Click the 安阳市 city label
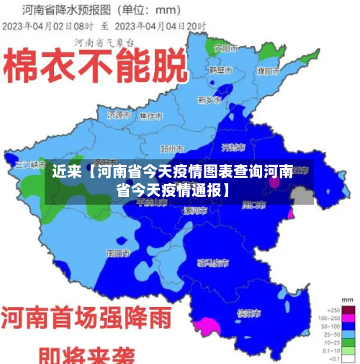pos(227,48)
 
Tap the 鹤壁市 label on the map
pos(220,71)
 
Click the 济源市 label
pos(119,115)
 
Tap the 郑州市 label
pos(173,148)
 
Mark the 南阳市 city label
pos(118,253)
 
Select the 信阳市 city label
pos(249,313)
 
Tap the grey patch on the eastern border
pos(302,195)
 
